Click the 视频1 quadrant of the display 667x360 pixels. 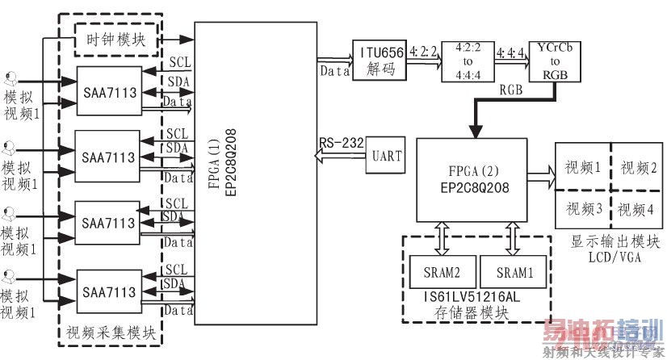click(x=581, y=167)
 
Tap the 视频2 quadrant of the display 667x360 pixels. click(x=636, y=167)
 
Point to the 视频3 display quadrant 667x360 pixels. click(x=581, y=210)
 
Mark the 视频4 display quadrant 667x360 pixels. click(x=636, y=210)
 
